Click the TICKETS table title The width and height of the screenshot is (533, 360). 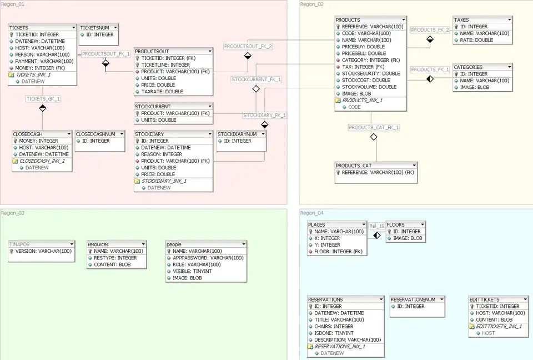tap(19, 27)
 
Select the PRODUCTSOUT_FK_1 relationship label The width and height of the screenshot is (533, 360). tap(106, 54)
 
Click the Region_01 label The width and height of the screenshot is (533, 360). tap(13, 4)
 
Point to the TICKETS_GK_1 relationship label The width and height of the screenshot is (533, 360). tap(43, 98)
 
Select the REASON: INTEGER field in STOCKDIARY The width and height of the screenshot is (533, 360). tap(162, 154)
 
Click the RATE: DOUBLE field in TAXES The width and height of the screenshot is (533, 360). tap(476, 40)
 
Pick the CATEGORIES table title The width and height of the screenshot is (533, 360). tap(469, 67)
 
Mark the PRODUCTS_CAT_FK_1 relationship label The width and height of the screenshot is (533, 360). tap(374, 127)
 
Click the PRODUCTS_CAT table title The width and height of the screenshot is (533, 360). tap(354, 166)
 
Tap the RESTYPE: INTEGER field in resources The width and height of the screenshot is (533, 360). tap(115, 258)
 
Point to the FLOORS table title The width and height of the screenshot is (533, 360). tap(396, 225)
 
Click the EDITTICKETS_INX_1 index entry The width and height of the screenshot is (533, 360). tap(499, 326)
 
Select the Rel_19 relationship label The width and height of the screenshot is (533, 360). tap(377, 226)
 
